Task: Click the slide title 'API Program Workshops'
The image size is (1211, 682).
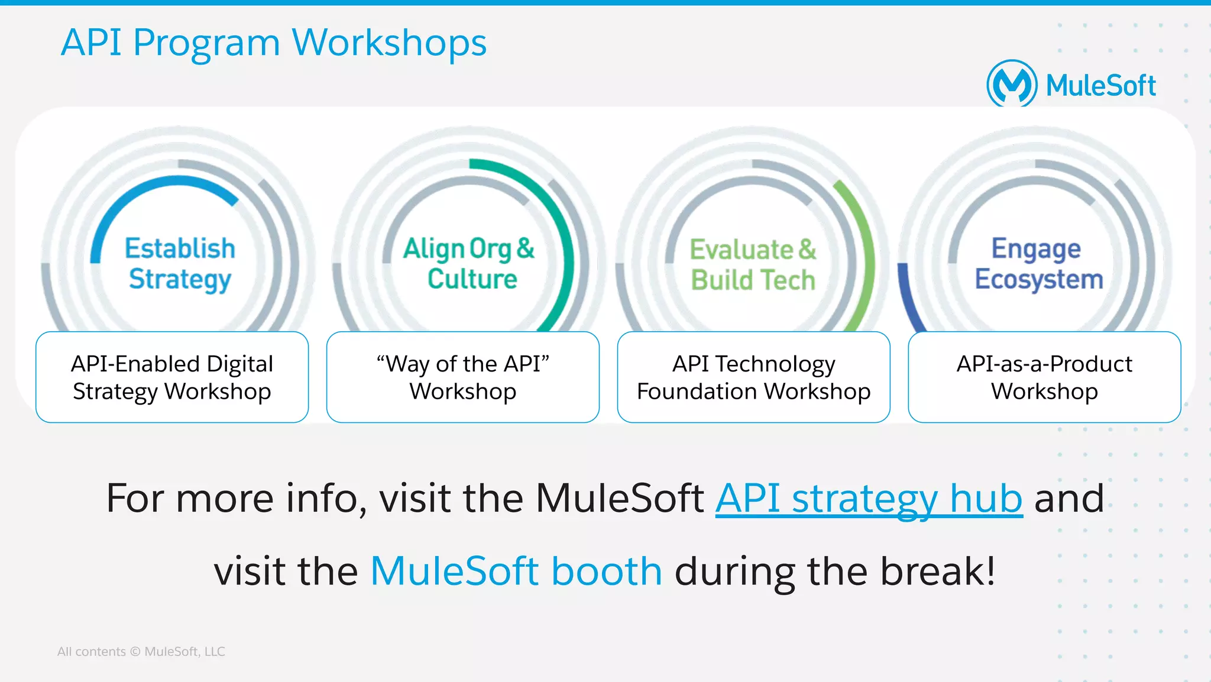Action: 274,43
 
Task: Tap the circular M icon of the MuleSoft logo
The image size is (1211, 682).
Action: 1011,85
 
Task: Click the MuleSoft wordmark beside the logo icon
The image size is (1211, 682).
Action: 1100,86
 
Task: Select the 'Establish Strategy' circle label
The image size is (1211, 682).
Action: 180,264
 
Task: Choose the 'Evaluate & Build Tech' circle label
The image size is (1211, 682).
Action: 753,265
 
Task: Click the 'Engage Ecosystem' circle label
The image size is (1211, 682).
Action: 1038,264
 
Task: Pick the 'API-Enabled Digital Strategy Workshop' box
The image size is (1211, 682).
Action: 172,377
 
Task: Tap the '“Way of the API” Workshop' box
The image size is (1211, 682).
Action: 463,377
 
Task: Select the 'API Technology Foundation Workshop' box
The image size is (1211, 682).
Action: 753,377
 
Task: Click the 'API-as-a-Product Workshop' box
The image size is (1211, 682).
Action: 1044,377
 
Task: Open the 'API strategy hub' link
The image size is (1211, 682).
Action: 869,499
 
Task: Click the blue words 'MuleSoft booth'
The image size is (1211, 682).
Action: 516,571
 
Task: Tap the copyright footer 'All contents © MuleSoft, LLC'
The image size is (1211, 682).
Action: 141,651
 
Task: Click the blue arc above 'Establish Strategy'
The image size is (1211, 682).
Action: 148,190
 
